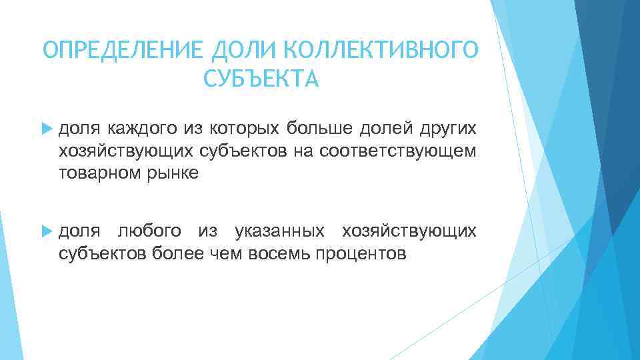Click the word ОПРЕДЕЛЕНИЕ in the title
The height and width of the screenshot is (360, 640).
coord(124,50)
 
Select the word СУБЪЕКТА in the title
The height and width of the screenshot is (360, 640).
coord(261,79)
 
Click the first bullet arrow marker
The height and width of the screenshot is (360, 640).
coord(46,127)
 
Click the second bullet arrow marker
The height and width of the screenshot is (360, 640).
coord(46,231)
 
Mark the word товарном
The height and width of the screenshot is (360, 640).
coord(98,173)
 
